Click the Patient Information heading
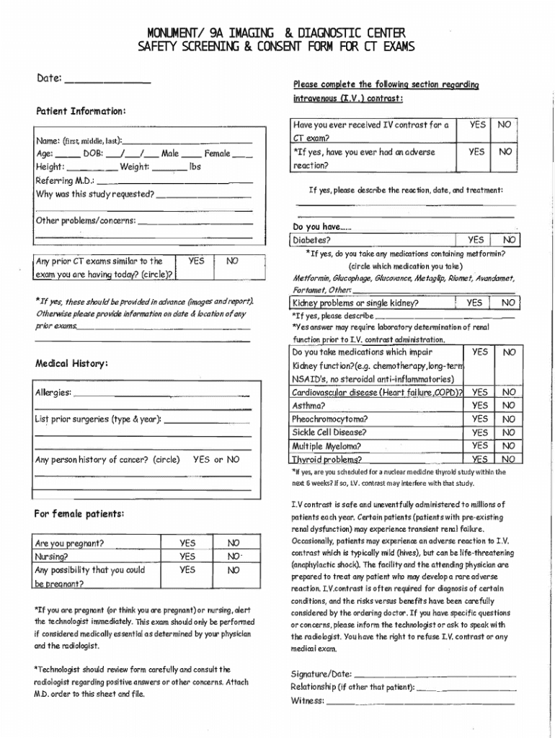point(81,112)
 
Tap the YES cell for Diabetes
point(476,240)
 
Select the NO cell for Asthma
point(509,405)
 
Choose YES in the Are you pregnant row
point(187,543)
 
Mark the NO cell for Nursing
point(233,556)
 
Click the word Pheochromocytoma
point(329,419)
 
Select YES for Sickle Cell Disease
point(479,432)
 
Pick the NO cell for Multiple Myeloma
point(509,446)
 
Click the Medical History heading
point(72,363)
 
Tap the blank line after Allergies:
point(161,395)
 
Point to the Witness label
point(307,701)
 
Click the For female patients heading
point(79,514)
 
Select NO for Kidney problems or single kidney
point(509,303)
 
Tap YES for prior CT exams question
point(196,262)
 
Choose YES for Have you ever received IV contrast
point(477,125)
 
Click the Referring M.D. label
point(65,181)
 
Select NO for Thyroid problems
point(509,459)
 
